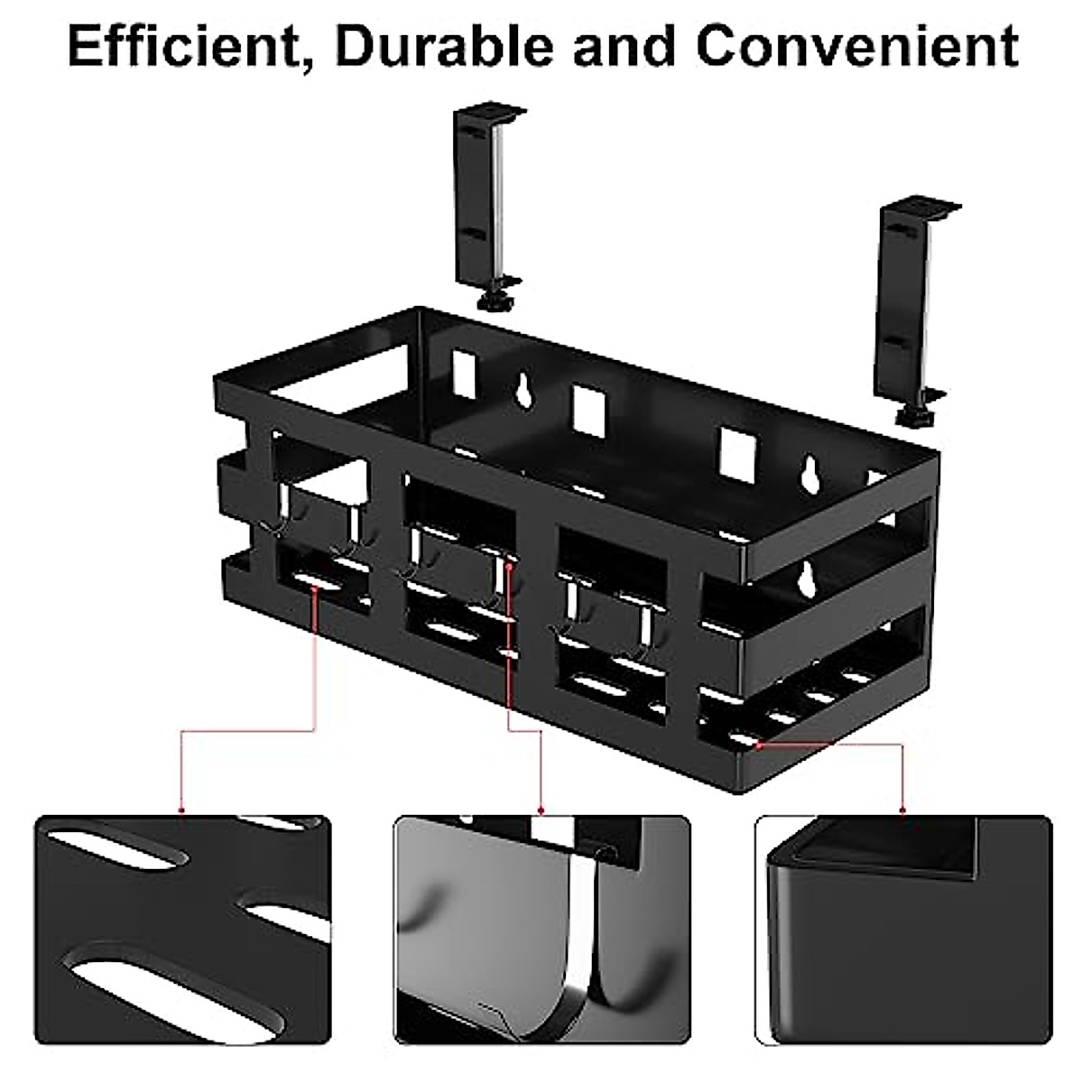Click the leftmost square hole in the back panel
pos(464,370)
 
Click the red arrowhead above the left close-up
pos(182,810)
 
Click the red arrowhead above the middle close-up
pos(541,810)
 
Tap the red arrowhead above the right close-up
pos(903,810)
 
